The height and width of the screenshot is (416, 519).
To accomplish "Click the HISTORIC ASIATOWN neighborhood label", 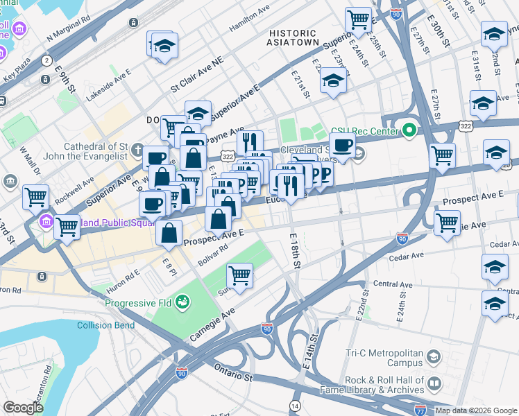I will tap(293, 37).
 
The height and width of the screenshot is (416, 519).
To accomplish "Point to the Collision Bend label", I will tap(104, 325).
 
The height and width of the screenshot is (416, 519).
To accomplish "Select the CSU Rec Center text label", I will tap(365, 130).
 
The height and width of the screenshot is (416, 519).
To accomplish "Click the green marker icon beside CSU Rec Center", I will tap(409, 130).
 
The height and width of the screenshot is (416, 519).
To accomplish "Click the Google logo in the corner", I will tap(23, 407).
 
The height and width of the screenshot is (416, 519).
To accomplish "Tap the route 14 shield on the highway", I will tap(295, 405).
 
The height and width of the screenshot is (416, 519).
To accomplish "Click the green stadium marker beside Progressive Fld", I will tap(182, 302).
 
